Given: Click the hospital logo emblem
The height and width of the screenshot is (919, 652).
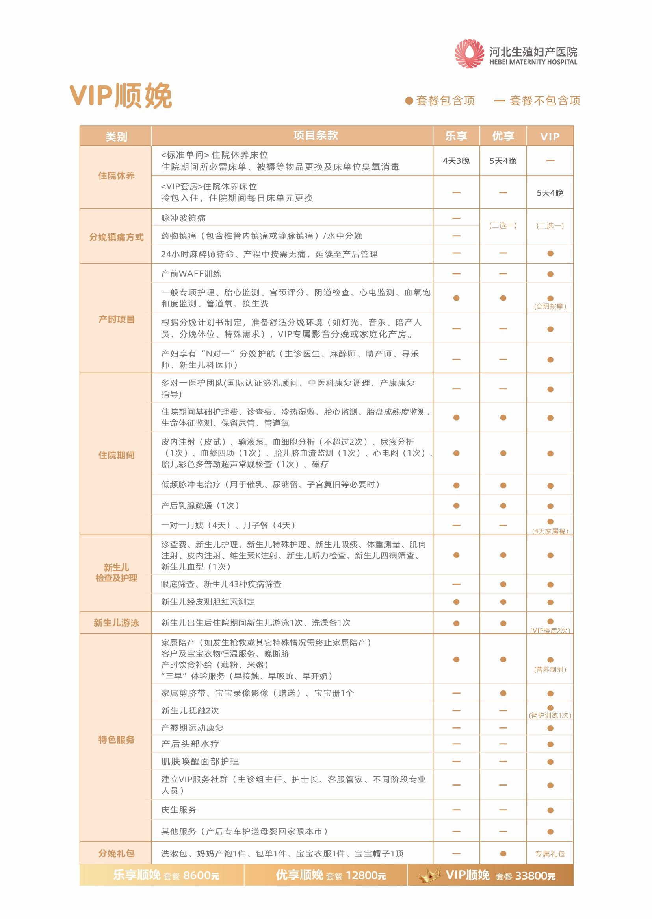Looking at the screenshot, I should [469, 54].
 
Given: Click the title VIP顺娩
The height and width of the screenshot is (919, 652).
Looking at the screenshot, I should [121, 96].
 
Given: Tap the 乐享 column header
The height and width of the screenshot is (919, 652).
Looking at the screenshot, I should [456, 137].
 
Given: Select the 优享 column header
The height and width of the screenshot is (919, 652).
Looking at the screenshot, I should [503, 137].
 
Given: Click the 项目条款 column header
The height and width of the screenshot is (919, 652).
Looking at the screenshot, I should [316, 135].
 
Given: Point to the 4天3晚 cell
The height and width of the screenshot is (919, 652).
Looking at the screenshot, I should [456, 161].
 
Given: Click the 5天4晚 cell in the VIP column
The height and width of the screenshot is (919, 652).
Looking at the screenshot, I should [550, 193].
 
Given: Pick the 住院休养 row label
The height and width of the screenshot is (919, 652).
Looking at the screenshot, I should [117, 175].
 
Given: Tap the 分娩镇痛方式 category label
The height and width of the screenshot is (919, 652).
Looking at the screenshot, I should [117, 237].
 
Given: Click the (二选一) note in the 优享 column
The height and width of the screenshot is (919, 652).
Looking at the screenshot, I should [503, 226].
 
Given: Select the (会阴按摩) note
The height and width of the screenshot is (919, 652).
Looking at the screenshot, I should [550, 306].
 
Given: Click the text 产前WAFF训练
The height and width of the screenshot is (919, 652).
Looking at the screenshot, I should [191, 274].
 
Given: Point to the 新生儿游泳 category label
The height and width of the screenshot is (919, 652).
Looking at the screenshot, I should [117, 623].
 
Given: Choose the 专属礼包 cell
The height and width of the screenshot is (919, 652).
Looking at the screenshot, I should [550, 854].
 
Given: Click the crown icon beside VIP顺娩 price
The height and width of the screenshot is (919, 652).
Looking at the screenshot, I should [429, 875].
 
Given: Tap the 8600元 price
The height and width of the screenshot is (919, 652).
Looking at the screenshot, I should [201, 875].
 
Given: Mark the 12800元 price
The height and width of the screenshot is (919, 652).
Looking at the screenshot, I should [365, 875].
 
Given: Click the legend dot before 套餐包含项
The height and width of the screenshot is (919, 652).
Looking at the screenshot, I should [409, 101].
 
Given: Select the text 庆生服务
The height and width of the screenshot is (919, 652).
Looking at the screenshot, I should [178, 810].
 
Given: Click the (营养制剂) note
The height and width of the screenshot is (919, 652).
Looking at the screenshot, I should [550, 670].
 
